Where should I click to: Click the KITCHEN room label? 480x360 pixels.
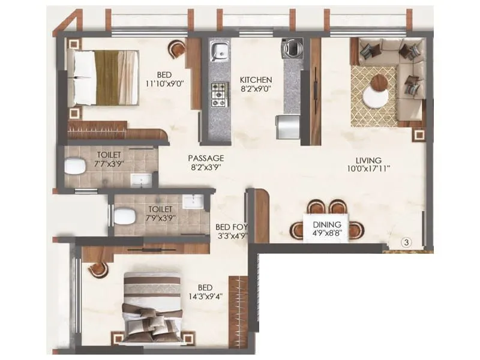coord(256,80)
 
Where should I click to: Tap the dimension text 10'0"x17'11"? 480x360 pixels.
coord(368,170)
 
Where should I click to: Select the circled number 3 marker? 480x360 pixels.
coord(406,242)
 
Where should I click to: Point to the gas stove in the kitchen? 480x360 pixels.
coord(218,91)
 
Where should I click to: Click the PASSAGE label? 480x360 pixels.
coord(207,158)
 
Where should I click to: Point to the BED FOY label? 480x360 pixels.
coord(232,227)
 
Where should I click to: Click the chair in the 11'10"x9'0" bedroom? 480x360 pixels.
coord(177,49)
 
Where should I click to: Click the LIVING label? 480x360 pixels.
coord(368,160)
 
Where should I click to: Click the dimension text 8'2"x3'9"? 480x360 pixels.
coord(207,167)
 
